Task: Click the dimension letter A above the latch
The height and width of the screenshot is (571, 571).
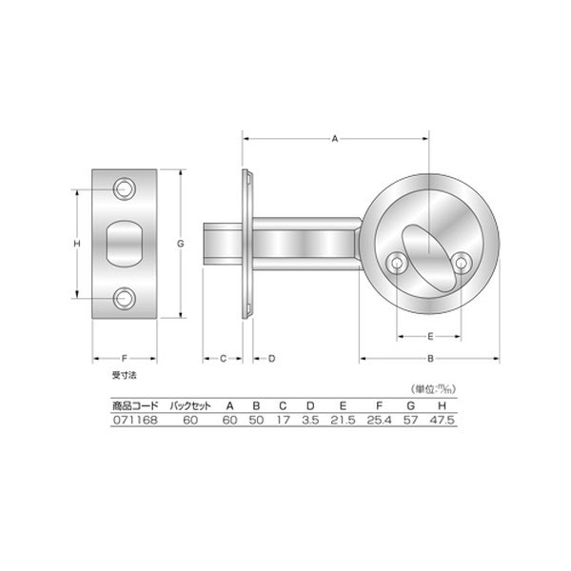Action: (335, 139)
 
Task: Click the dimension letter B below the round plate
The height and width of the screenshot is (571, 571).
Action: (430, 359)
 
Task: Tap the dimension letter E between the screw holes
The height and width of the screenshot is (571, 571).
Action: (430, 337)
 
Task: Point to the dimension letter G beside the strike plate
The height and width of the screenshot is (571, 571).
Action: (181, 244)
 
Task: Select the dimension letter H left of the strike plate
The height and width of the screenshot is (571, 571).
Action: (77, 244)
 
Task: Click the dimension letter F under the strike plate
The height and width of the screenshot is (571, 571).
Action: (124, 359)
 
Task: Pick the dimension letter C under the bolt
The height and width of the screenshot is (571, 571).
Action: (224, 359)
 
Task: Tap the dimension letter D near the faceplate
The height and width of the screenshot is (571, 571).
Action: (271, 359)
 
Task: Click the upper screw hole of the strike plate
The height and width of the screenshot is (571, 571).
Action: (125, 189)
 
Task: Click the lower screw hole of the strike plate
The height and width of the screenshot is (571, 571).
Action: (125, 298)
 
